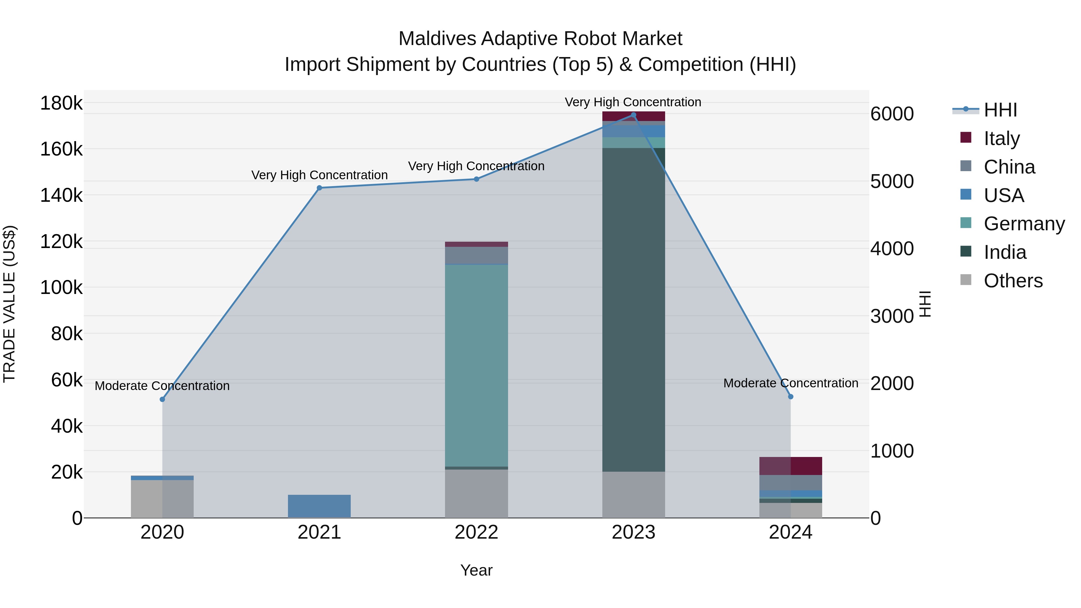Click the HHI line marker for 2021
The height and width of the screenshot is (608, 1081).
tap(319, 188)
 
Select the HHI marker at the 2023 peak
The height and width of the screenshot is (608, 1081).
tap(634, 115)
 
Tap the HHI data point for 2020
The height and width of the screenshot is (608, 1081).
tap(162, 399)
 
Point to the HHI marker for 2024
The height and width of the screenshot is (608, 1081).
tap(791, 397)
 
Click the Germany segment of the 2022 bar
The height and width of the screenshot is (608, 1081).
tap(476, 365)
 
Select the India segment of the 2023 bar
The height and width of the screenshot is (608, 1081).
tap(634, 310)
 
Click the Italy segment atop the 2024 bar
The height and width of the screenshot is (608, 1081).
tap(791, 466)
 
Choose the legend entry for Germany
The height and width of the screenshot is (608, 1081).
tap(1024, 224)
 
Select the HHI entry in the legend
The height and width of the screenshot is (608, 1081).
tap(1000, 110)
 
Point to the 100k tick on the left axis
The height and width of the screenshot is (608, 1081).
tap(61, 288)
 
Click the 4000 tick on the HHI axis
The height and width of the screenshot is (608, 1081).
tap(892, 249)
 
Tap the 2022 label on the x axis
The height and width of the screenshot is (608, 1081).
tap(476, 532)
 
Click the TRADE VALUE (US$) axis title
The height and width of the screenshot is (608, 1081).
tap(9, 304)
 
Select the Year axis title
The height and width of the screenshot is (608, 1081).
tap(476, 570)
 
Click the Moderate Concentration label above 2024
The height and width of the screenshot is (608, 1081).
tap(791, 383)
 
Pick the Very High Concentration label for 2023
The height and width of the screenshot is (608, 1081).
tap(633, 102)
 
